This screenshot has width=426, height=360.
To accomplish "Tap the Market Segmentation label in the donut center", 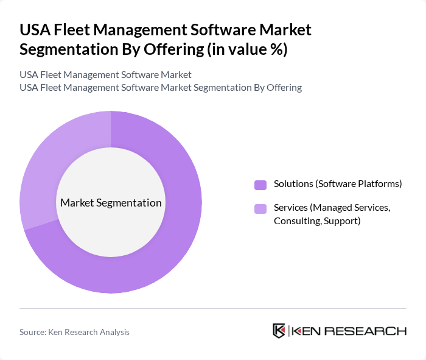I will coord(111,203).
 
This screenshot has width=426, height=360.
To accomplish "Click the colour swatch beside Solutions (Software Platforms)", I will coord(260,185).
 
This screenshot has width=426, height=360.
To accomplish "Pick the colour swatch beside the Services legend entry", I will coord(260,209).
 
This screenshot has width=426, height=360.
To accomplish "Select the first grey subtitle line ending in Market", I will coord(105,74).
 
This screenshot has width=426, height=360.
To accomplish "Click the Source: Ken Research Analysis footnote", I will coord(74,332).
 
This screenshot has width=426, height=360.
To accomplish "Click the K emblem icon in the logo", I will coord(279,331).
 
